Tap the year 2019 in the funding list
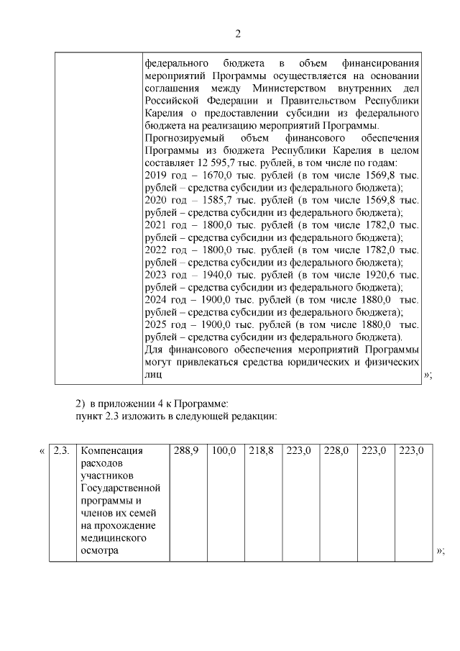pos(155,176)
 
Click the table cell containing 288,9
pos(186,451)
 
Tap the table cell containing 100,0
pos(224,451)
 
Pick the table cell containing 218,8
pos(262,451)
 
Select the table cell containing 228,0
pos(336,451)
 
